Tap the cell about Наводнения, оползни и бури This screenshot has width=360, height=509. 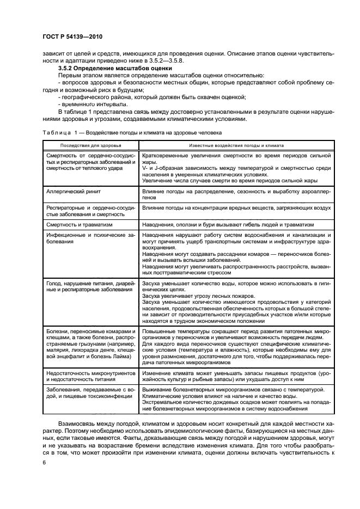229,223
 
